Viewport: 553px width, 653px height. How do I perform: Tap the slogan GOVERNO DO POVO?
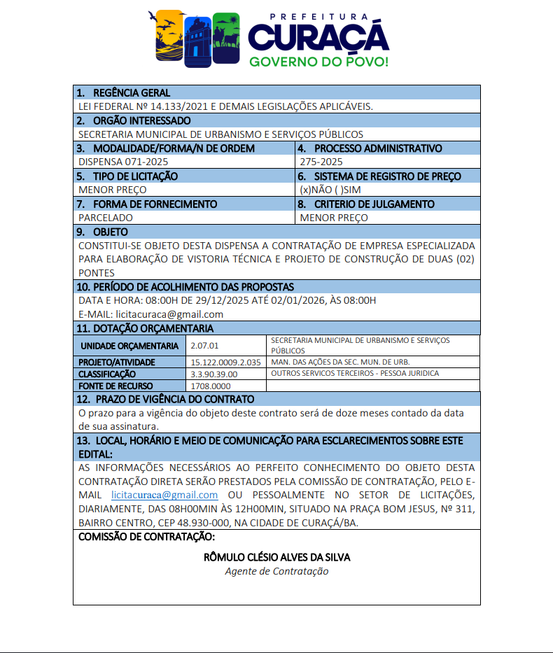[x=318, y=62]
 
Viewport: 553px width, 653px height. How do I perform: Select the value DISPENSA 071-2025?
[x=118, y=162]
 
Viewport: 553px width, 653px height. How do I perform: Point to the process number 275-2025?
[x=321, y=162]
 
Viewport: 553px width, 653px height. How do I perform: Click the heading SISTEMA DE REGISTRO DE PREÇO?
[x=388, y=176]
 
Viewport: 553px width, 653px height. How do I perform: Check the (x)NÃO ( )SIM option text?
[x=331, y=190]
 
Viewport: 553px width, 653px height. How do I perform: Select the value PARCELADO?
[x=106, y=218]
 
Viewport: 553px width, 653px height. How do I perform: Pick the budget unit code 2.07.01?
[x=204, y=346]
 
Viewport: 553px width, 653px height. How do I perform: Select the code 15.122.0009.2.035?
[x=225, y=363]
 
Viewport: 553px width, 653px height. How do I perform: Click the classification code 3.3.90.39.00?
[x=214, y=374]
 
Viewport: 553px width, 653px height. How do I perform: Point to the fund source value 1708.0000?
[x=211, y=386]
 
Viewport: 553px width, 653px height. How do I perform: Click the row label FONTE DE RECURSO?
[x=115, y=386]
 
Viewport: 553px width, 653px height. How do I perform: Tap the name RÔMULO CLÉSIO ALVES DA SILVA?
[x=276, y=557]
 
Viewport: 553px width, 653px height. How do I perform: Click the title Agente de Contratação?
[x=276, y=571]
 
